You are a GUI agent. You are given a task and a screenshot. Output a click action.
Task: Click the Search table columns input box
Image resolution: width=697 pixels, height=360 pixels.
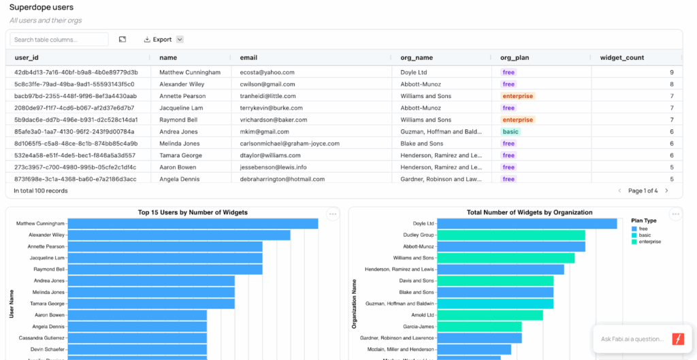pos(59,39)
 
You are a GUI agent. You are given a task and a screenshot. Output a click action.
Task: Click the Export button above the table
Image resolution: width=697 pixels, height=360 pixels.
pos(158,39)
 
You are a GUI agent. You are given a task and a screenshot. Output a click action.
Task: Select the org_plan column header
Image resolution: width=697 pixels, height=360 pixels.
pos(515,58)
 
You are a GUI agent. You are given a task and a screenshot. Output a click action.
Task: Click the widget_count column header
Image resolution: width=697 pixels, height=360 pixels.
pos(622,58)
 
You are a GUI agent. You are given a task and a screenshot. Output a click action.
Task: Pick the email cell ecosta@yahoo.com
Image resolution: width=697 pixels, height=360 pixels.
pos(267,72)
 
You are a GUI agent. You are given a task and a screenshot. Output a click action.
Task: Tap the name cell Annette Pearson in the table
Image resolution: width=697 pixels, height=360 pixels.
pos(182,96)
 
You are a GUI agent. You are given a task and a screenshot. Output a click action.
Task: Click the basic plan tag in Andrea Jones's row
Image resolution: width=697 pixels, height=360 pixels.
pos(510,131)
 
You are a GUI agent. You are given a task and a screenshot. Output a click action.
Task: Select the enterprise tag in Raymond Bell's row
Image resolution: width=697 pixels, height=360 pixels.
pos(518,120)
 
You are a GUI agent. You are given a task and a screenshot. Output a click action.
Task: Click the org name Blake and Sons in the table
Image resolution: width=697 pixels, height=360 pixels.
pos(421,144)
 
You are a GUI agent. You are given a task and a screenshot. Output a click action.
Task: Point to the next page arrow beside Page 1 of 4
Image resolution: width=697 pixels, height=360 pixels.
pos(666,191)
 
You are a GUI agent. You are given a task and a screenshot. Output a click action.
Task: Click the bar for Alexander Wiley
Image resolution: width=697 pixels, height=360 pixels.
pos(179,235)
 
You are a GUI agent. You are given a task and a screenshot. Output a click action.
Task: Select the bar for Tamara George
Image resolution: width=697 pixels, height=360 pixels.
pos(151,304)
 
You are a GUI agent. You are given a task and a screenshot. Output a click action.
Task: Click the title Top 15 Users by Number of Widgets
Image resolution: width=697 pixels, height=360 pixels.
pos(193,212)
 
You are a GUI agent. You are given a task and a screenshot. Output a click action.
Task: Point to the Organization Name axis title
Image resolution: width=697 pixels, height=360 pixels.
pos(355,304)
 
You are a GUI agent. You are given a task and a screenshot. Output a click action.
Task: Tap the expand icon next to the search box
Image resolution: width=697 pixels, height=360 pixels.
pos(123,39)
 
